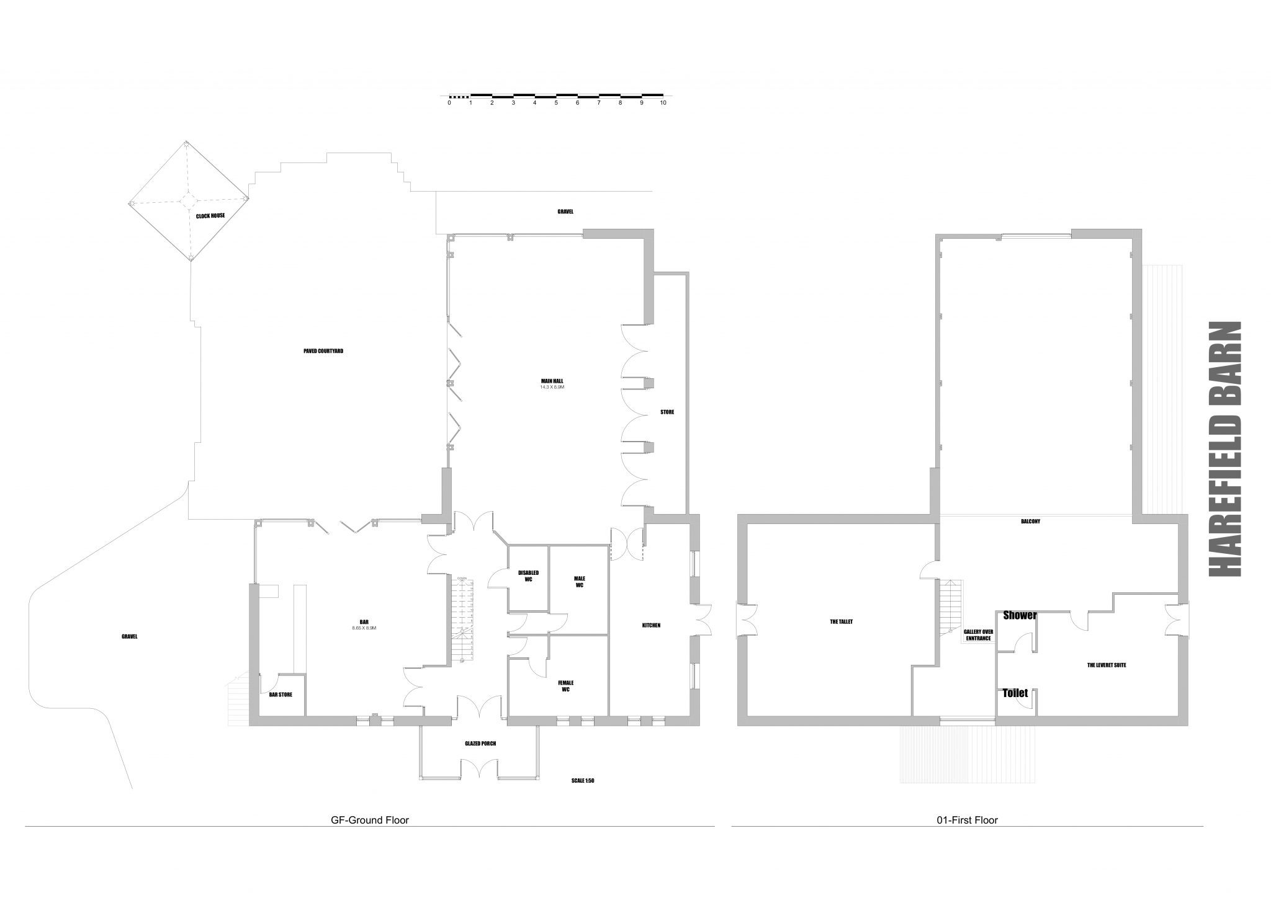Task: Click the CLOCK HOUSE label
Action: coord(210,216)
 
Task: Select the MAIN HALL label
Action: coord(552,381)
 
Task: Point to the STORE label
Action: coord(667,412)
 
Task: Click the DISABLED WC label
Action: coord(529,576)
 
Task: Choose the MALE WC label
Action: coord(580,582)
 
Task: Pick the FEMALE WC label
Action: coord(565,686)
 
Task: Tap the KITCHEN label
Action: coord(651,625)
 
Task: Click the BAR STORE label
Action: coord(281,695)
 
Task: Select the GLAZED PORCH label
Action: coord(480,744)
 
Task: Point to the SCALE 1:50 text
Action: coord(583,781)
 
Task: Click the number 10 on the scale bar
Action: coord(663,103)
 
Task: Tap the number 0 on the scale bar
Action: coord(449,103)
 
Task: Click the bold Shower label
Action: coord(1020,616)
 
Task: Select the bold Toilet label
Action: coord(1015,693)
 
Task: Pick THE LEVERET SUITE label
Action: coord(1107,665)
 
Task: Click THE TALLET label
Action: coord(841,621)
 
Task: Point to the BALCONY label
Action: coord(1030,522)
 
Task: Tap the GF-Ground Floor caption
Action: coord(370,820)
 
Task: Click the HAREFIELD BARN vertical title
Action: coord(1225,449)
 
